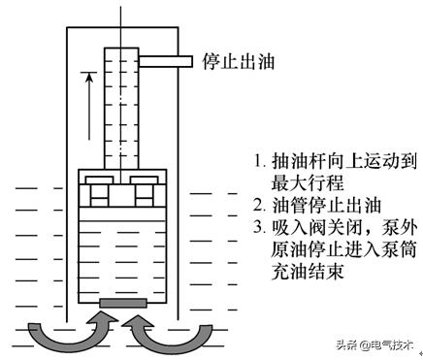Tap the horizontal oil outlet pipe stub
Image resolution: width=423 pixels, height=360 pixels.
click(167, 61)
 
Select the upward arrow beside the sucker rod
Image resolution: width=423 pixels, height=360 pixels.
click(86, 107)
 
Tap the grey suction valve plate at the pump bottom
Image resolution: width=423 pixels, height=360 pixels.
click(123, 306)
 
